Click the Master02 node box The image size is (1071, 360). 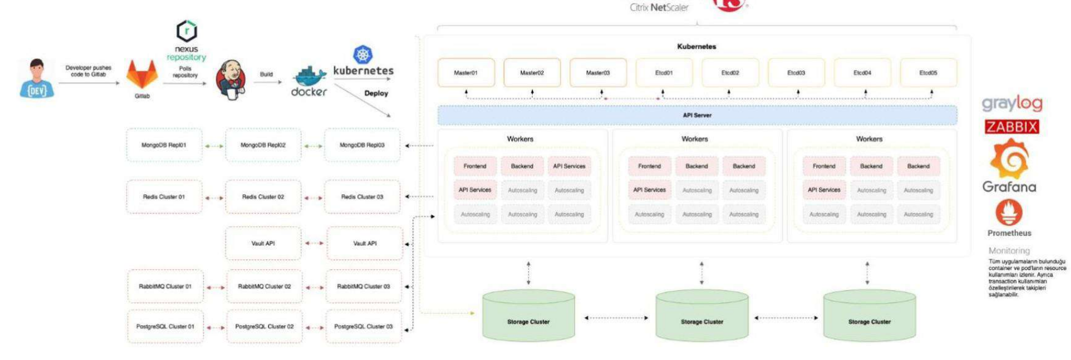pyautogui.click(x=531, y=73)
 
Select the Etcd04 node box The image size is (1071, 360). pyautogui.click(x=862, y=73)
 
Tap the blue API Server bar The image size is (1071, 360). pyautogui.click(x=697, y=115)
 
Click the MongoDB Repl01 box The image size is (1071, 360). pyautogui.click(x=164, y=145)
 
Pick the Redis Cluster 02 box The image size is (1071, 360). pyautogui.click(x=263, y=197)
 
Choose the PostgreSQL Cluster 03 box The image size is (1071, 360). pyautogui.click(x=363, y=326)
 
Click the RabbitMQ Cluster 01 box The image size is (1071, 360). pyautogui.click(x=165, y=286)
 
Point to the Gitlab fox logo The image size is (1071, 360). pyautogui.click(x=142, y=74)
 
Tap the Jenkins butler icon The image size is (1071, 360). pyautogui.click(x=230, y=80)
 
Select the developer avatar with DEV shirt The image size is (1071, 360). pyautogui.click(x=37, y=79)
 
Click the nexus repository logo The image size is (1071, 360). pyautogui.click(x=187, y=31)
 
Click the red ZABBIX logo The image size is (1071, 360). pyautogui.click(x=1012, y=127)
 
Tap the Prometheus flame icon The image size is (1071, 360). pyautogui.click(x=1009, y=212)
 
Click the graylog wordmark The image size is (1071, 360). pyautogui.click(x=1012, y=104)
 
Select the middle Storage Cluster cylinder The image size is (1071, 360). pyautogui.click(x=702, y=317)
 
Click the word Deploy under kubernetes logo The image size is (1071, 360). pyautogui.click(x=376, y=93)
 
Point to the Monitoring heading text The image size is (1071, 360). pyautogui.click(x=1009, y=251)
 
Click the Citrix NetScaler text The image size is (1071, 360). pyautogui.click(x=659, y=8)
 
